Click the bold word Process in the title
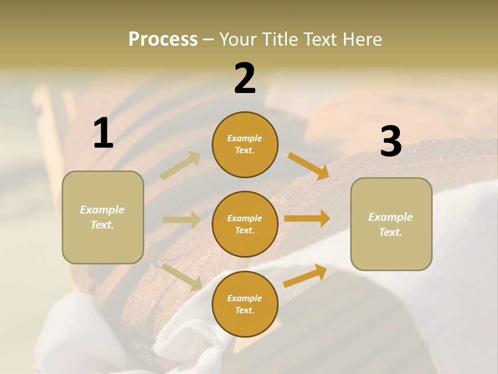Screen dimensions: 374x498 click(x=163, y=39)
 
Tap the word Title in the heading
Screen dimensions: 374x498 click(x=279, y=39)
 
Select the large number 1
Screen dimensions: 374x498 click(x=103, y=133)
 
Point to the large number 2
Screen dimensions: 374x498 click(x=245, y=78)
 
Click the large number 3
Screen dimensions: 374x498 click(x=391, y=141)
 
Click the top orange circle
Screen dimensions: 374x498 click(x=245, y=144)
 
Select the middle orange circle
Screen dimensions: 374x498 click(x=245, y=224)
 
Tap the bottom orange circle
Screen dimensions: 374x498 click(x=245, y=304)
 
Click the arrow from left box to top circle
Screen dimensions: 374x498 click(x=181, y=165)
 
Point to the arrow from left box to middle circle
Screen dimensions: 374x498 click(x=182, y=220)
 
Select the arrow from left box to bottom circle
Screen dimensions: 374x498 click(x=182, y=277)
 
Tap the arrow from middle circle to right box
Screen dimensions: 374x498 click(x=307, y=219)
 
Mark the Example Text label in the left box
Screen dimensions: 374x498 click(x=102, y=217)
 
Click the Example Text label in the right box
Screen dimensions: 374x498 click(x=391, y=224)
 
